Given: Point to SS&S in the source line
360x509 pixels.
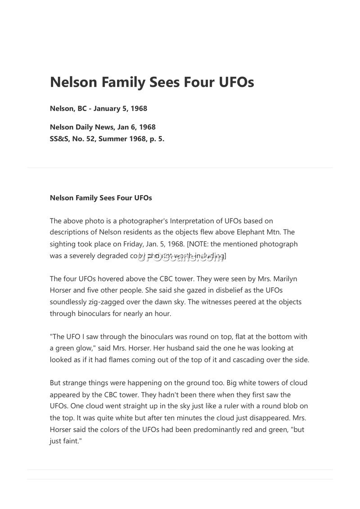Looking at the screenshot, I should click(59, 139).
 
